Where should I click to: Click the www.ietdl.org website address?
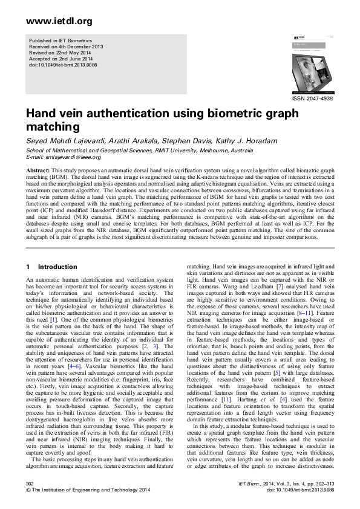pyautogui.click(x=59, y=21)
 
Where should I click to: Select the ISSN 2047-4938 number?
pyautogui.click(x=312, y=98)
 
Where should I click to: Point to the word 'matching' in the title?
pyautogui.click(x=52, y=127)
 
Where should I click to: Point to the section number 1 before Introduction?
pyautogui.click(x=28, y=267)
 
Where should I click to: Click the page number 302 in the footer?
pyautogui.click(x=30, y=484)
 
